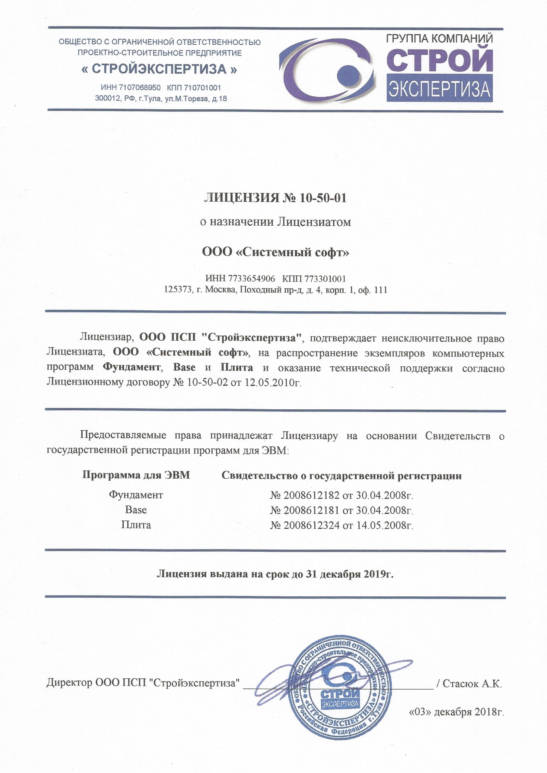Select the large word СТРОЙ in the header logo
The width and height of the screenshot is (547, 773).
pos(439,60)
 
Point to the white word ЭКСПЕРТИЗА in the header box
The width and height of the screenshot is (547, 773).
pos(439,90)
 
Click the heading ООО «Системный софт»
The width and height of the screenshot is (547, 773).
pos(276,252)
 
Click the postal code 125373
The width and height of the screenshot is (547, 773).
pos(178,290)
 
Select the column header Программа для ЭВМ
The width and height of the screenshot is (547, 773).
pos(136,475)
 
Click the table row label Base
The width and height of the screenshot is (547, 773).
pos(136,510)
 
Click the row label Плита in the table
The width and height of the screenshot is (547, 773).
pos(136,525)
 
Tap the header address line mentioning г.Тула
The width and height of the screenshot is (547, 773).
pos(161,99)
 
